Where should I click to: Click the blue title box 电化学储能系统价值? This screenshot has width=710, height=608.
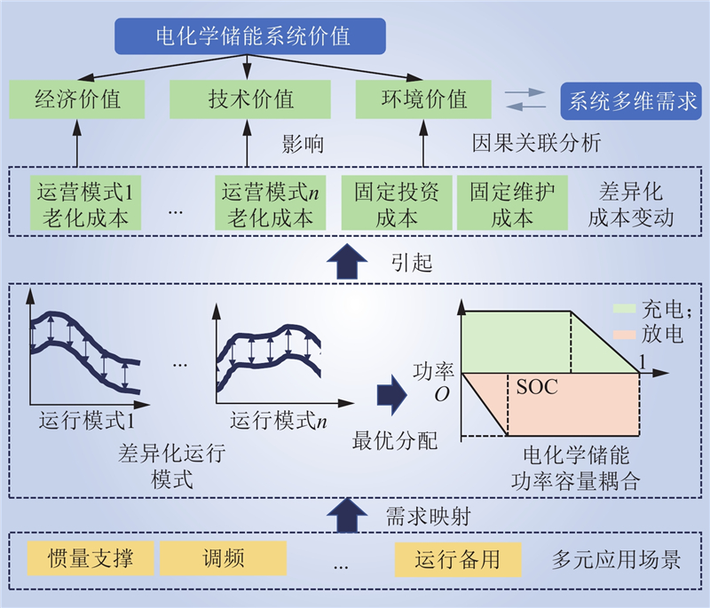[252, 37]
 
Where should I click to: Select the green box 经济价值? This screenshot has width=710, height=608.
[77, 99]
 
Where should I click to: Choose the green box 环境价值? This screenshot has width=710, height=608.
[422, 99]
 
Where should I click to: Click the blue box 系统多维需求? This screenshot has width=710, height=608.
[631, 99]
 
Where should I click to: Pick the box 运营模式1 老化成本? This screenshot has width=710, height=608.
[85, 204]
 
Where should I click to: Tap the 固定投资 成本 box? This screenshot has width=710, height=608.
[397, 204]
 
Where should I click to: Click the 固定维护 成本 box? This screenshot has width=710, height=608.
[512, 204]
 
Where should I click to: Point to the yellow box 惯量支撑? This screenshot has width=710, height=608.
[91, 559]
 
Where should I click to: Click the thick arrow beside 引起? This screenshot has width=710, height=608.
[345, 262]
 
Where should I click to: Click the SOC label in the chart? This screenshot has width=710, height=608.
[536, 388]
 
